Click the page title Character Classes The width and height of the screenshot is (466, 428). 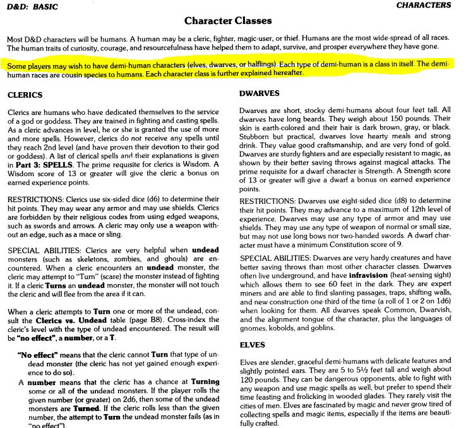tap(233, 21)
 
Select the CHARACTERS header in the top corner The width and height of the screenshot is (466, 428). tap(424, 5)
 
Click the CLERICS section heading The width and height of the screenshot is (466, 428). tap(25, 95)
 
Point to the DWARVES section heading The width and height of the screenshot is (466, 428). tap(260, 93)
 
